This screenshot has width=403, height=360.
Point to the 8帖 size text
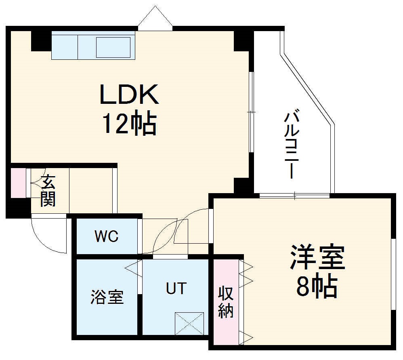click(x=317, y=287)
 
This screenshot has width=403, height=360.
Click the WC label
click(x=107, y=237)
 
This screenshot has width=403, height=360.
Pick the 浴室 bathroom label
click(x=107, y=298)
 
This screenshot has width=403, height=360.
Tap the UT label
click(x=176, y=288)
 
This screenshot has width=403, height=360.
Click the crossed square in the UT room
click(x=189, y=323)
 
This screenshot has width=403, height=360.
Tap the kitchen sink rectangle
click(x=113, y=47)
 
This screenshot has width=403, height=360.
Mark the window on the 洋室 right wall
click(x=393, y=275)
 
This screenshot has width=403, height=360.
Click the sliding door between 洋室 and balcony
click(x=294, y=196)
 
